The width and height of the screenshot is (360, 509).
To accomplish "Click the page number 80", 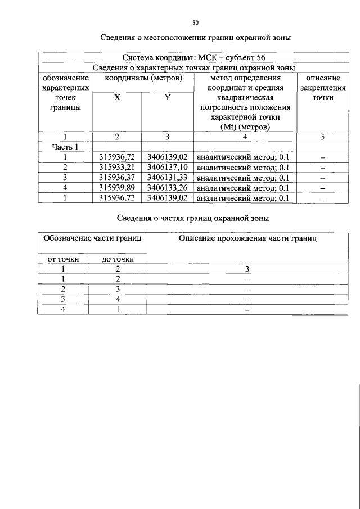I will click(x=195, y=23).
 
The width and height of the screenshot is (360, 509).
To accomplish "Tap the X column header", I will click(x=117, y=97).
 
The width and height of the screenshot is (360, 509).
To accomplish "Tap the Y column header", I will click(x=167, y=97).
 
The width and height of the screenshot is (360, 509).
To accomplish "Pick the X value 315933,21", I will click(x=116, y=167).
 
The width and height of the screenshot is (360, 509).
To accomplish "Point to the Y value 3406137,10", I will click(x=167, y=167).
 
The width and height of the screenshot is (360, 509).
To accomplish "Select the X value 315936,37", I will click(x=116, y=177).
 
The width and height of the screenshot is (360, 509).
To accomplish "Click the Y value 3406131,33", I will click(x=167, y=177).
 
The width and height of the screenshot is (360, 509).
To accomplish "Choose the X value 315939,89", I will click(x=116, y=187).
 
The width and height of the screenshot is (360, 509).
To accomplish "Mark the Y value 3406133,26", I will click(x=167, y=187).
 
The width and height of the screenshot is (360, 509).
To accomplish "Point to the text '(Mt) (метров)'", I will click(x=245, y=128).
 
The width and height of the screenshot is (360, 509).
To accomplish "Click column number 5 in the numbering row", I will click(x=323, y=137).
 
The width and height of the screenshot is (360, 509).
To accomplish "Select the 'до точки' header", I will click(x=118, y=259).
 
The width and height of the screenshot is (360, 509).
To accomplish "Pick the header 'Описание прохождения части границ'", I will click(x=247, y=238).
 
